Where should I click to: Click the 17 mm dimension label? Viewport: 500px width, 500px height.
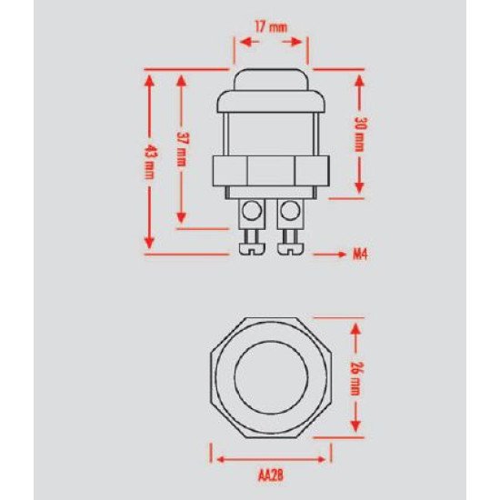[271, 27]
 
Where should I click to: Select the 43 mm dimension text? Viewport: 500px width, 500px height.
[149, 162]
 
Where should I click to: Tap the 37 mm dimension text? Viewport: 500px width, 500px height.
[181, 149]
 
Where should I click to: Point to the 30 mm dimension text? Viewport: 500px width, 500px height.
[360, 135]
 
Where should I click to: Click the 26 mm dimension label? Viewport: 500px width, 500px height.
[355, 378]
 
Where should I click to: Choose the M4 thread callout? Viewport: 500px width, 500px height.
[360, 255]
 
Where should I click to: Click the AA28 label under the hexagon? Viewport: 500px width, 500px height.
[270, 476]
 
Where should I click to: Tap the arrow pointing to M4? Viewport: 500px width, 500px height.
[330, 255]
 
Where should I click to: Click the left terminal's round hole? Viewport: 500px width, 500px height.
[252, 211]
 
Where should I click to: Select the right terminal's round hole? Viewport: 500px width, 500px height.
[290, 211]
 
